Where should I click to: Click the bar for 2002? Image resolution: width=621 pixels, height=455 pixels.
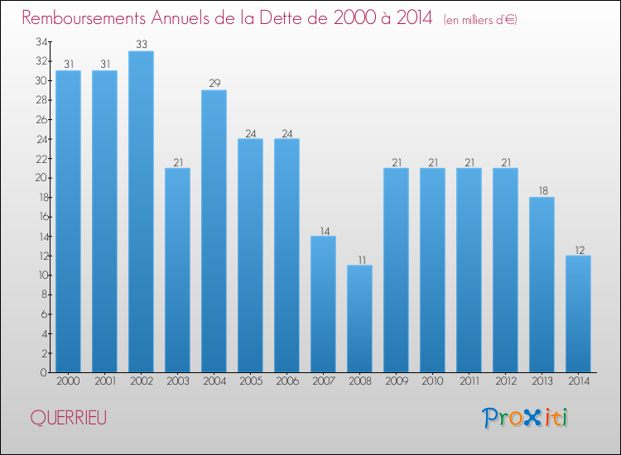click(x=141, y=211)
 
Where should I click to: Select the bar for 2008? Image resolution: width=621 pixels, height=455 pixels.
click(x=359, y=318)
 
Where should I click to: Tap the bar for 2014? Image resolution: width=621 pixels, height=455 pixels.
click(x=578, y=314)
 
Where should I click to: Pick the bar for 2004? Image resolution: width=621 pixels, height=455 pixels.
click(x=214, y=231)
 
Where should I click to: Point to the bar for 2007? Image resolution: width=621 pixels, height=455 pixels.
click(x=323, y=304)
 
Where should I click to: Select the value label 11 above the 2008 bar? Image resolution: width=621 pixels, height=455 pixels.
click(x=359, y=259)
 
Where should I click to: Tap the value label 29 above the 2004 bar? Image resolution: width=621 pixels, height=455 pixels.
click(x=214, y=84)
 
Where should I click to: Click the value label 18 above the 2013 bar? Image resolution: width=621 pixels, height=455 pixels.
click(x=542, y=191)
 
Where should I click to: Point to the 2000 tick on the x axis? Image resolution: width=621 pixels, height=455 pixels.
click(x=68, y=381)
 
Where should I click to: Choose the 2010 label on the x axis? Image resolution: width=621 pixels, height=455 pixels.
click(x=432, y=381)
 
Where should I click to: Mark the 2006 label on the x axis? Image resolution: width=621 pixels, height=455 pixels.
click(x=286, y=381)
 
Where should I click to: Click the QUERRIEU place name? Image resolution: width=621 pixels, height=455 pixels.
click(x=68, y=419)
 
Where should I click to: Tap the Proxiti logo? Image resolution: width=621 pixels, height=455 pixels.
click(x=525, y=418)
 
